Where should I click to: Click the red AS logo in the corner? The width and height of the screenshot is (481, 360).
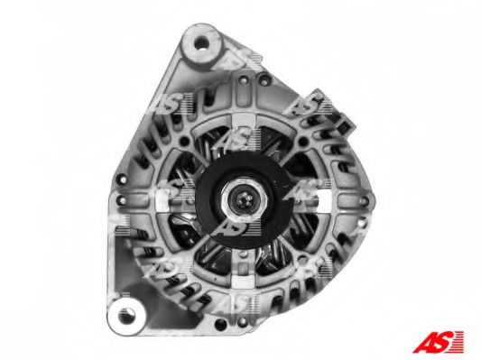pyautogui.click(x=438, y=342)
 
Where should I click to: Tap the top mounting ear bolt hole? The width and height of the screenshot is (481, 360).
pyautogui.click(x=201, y=42)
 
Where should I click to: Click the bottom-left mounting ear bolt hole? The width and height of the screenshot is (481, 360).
pyautogui.click(x=126, y=316)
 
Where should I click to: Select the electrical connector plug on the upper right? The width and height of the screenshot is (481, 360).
pyautogui.click(x=335, y=115)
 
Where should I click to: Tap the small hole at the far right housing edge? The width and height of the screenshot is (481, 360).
pyautogui.click(x=363, y=201)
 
